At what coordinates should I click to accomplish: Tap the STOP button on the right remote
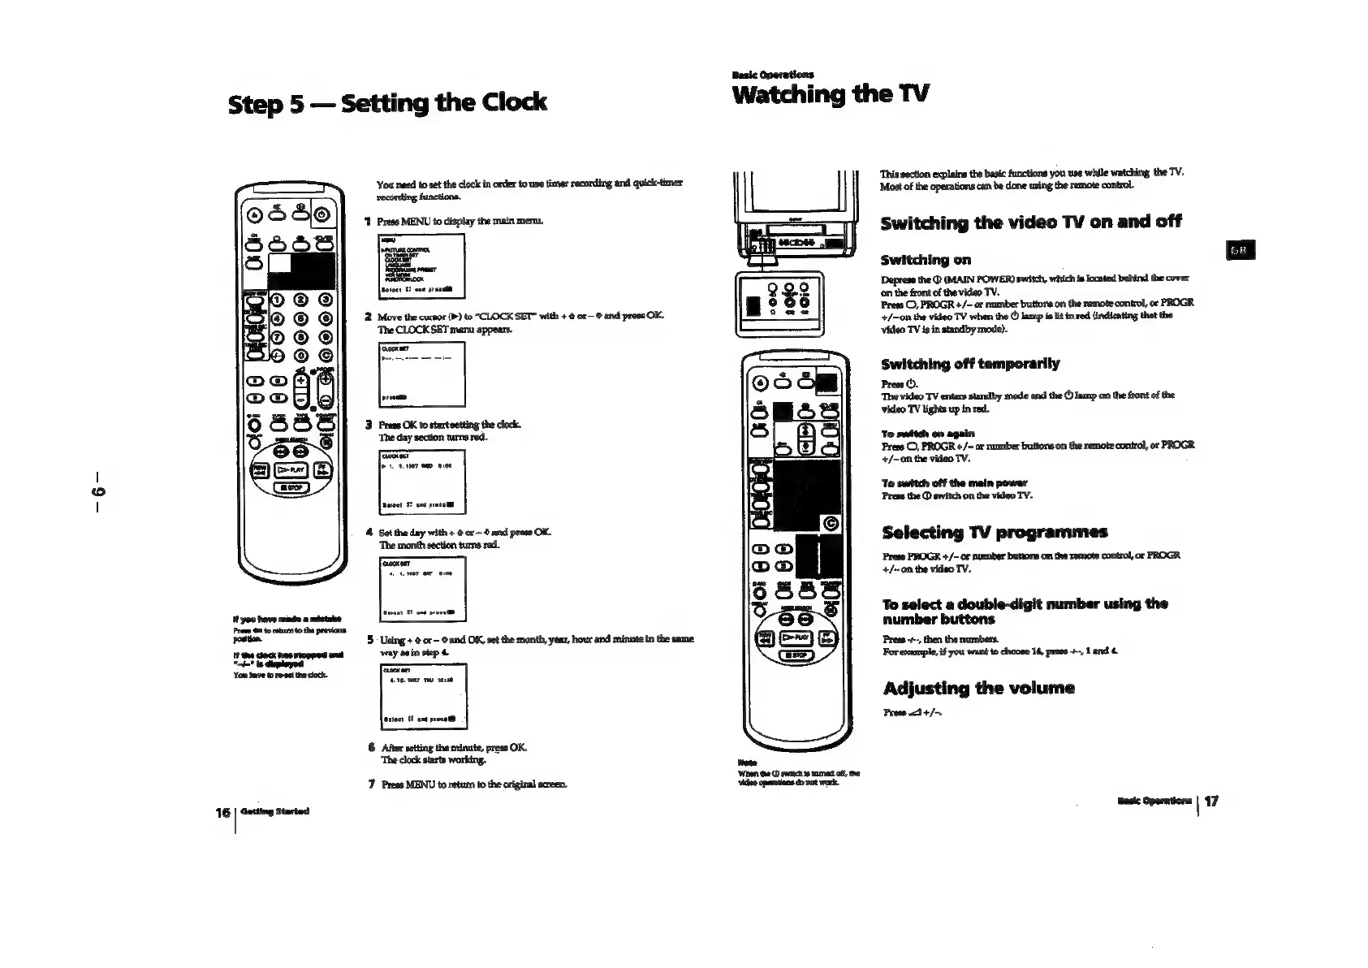click(x=796, y=656)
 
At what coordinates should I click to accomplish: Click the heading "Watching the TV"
click(x=830, y=94)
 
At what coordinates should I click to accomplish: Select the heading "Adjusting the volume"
click(x=978, y=688)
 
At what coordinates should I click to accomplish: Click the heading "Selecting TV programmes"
click(x=995, y=533)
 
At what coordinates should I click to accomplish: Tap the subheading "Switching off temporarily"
click(x=970, y=363)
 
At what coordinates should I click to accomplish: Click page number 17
click(x=1210, y=802)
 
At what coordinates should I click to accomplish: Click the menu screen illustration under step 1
click(x=421, y=266)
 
